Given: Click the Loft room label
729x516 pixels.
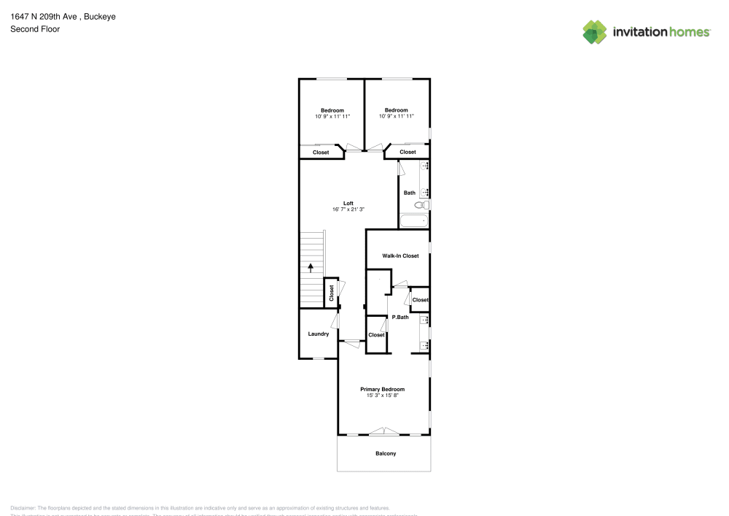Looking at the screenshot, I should [348, 203].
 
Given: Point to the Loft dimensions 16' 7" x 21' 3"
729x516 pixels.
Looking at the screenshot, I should [348, 209].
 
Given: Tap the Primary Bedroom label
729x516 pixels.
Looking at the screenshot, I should [382, 389].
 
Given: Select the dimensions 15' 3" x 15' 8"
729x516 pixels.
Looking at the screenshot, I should [382, 396].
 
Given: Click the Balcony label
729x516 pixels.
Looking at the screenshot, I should [386, 454].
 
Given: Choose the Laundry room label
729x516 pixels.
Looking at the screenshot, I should [318, 334].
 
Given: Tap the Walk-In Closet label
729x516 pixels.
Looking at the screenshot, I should [400, 255].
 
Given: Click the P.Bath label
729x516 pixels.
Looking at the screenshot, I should [399, 317].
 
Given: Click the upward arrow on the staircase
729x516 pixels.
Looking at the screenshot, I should [311, 268].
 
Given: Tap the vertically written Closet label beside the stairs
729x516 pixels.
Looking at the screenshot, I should [331, 293].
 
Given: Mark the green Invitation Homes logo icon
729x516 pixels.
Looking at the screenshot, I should [594, 31].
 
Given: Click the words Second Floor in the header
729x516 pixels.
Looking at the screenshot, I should [35, 29].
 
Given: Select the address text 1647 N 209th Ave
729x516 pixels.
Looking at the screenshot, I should [44, 17].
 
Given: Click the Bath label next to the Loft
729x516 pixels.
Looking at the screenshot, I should [409, 193].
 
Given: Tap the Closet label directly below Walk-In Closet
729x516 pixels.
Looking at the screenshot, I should [420, 300].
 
